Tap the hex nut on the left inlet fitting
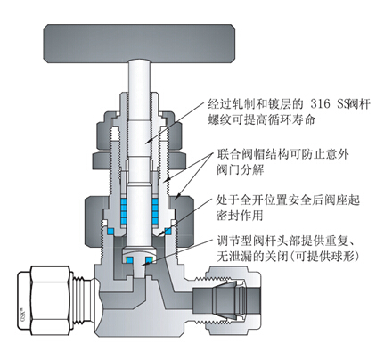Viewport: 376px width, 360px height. coord(45,298)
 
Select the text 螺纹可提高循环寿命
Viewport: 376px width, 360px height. coord(261,119)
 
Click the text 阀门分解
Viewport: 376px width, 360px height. coord(240,170)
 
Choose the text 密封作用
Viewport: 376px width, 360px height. coord(240,216)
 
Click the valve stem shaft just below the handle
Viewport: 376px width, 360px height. coord(139,78)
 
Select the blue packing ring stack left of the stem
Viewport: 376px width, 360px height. coord(124,210)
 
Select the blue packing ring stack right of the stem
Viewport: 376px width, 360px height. coord(155,210)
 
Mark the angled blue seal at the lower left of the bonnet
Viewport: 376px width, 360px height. coord(110,231)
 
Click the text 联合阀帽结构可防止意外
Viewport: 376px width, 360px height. coord(282,154)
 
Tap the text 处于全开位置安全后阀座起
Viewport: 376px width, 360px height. coord(288,200)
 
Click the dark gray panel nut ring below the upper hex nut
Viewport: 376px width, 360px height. coord(140,160)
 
